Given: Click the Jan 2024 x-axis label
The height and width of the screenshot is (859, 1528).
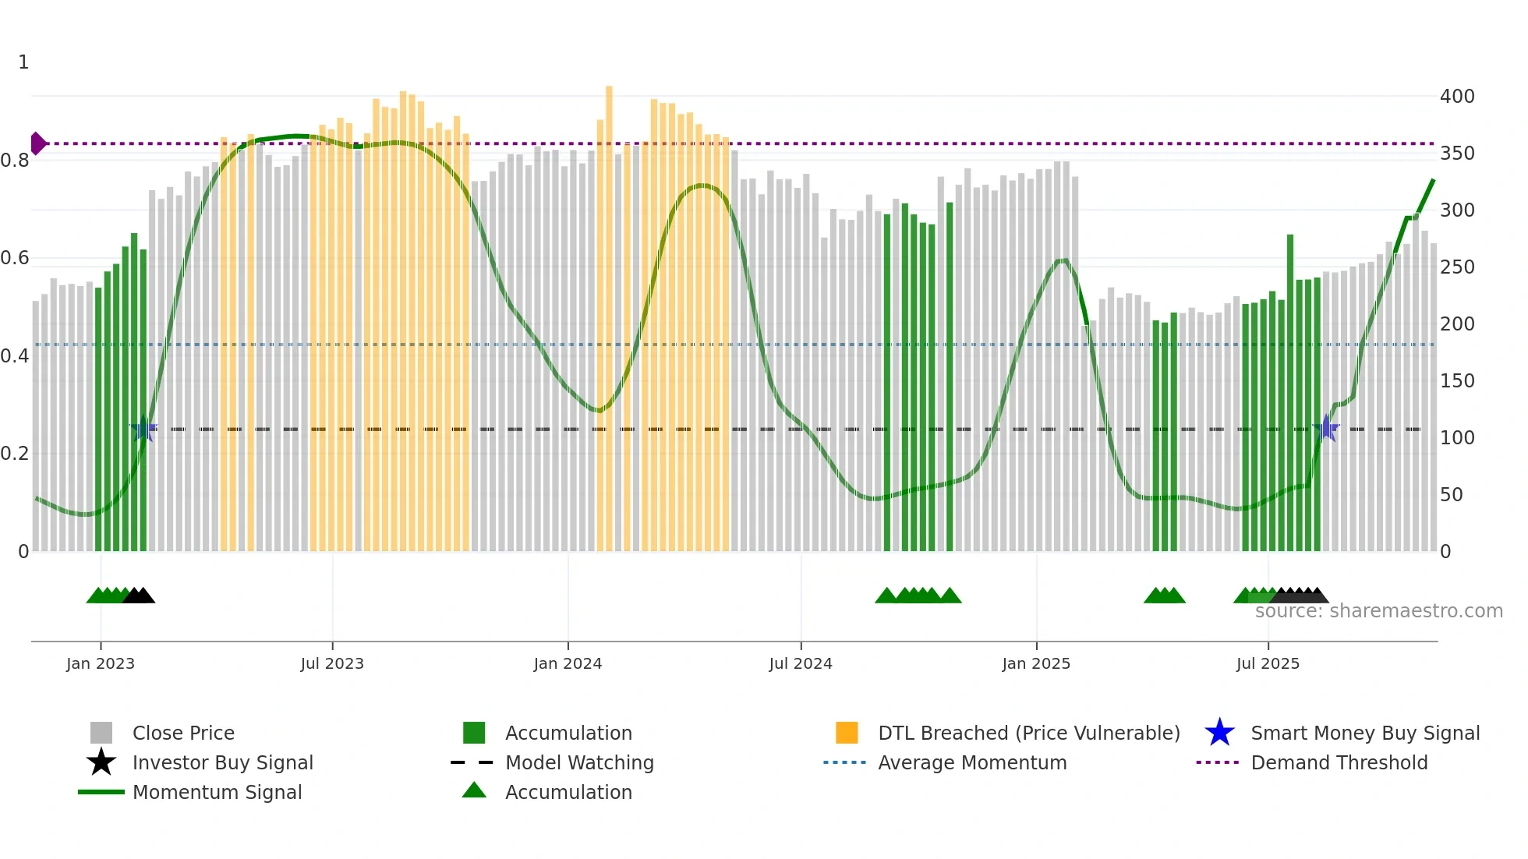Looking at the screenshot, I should [x=568, y=663].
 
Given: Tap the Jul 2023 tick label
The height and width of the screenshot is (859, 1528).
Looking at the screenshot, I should [x=332, y=663].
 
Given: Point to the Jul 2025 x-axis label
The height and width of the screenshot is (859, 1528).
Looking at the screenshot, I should [x=1268, y=663].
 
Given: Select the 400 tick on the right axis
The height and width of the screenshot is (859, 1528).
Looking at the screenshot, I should [x=1456, y=97].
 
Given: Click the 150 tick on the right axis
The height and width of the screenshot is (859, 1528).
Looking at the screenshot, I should [x=1456, y=381].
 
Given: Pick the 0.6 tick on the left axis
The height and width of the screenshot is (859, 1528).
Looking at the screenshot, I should [x=15, y=258].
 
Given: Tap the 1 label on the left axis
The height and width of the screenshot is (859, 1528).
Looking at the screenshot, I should [x=23, y=62].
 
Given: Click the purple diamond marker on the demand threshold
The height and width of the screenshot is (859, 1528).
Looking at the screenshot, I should [x=37, y=143].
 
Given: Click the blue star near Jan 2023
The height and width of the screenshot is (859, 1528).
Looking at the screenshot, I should [x=143, y=429].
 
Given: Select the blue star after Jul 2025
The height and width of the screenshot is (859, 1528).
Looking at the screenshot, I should [x=1326, y=428].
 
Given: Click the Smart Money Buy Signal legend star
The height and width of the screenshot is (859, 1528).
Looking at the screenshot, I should [x=1219, y=733].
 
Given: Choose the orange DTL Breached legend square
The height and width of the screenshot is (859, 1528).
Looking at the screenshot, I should [x=847, y=733].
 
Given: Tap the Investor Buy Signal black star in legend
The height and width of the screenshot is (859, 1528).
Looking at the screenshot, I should [x=101, y=762].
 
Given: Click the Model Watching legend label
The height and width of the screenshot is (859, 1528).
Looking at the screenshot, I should [x=579, y=762].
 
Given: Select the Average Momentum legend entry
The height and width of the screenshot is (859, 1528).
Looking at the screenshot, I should [x=971, y=762].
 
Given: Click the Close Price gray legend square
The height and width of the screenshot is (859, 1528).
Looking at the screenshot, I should [x=101, y=733].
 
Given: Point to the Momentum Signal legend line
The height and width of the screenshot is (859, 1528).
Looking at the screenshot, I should [x=101, y=792].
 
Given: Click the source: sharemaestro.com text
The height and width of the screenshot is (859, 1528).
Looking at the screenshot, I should [x=1378, y=611].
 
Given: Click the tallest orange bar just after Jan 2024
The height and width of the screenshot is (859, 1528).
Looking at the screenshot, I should [x=609, y=312].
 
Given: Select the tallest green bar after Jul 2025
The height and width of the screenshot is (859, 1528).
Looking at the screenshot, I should [x=1290, y=390].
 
